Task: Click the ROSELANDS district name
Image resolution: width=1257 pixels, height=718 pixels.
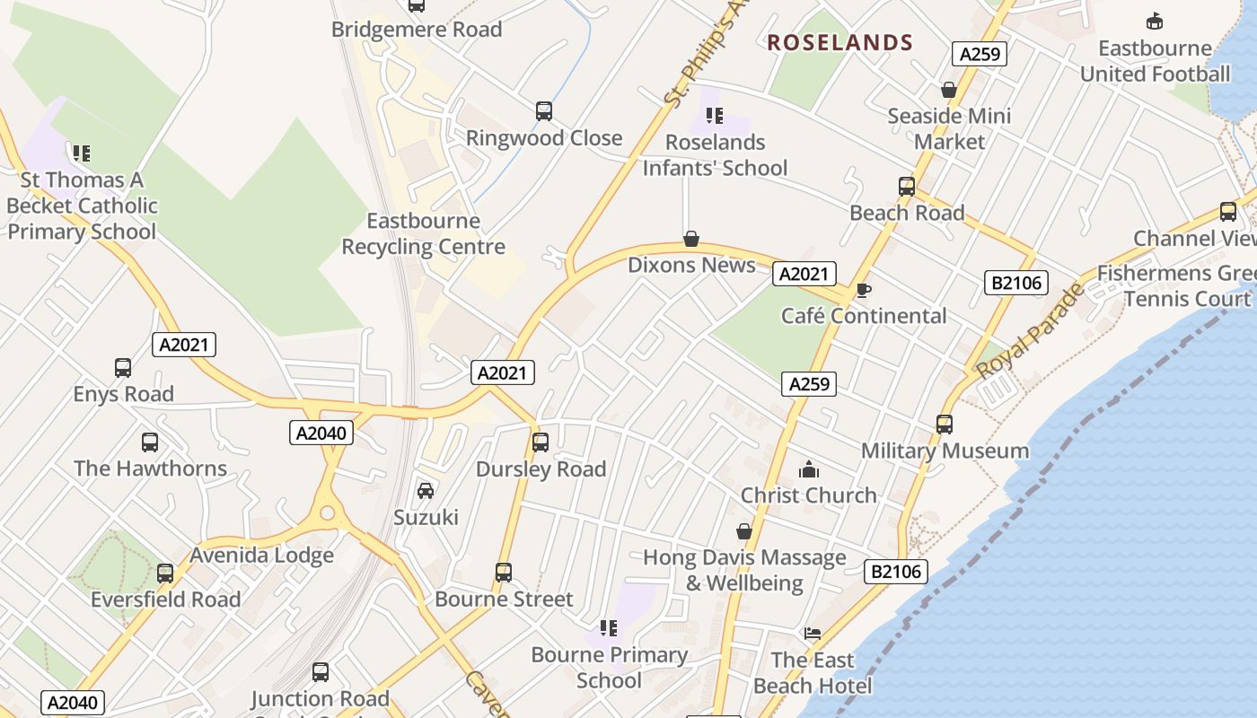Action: [839, 42]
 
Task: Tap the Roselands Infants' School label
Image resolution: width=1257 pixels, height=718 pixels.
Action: [715, 155]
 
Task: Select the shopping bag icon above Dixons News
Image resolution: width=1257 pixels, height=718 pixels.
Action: [691, 239]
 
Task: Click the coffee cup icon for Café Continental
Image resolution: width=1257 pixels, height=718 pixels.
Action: [863, 290]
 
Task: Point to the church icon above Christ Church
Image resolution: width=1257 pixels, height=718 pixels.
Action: [809, 469]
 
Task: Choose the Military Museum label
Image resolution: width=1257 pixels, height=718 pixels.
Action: [945, 451]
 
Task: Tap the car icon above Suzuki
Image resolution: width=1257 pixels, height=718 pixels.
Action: [426, 491]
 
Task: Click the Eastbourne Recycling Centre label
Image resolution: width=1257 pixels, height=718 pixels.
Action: [423, 233]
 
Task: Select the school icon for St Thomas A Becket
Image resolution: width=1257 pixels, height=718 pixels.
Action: [82, 153]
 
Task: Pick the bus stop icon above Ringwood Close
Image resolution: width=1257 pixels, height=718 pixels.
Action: [544, 111]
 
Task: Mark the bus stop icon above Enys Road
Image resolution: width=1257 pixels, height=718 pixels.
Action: [123, 368]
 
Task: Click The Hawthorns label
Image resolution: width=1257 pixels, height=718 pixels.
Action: [150, 468]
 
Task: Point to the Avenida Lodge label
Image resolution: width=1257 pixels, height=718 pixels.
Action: [261, 556]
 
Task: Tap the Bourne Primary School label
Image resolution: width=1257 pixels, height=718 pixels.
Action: [609, 667]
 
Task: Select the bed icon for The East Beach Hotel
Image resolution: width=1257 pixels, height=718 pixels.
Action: [813, 634]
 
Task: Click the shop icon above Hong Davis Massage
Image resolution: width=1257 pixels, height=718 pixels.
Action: [744, 531]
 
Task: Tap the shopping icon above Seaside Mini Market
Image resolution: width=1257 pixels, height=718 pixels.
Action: [949, 90]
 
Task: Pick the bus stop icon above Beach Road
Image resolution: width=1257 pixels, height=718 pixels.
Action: [907, 187]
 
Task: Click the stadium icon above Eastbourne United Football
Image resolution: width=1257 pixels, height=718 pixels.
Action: [1155, 22]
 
